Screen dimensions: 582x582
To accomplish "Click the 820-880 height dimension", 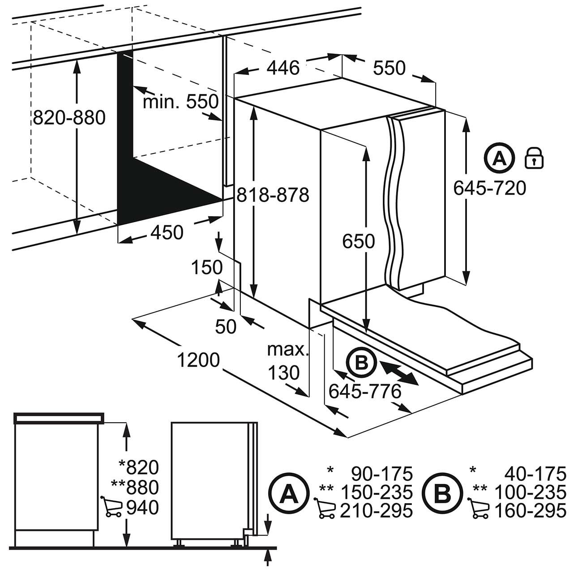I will tap(69, 118).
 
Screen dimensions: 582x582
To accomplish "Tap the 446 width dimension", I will tap(283, 68).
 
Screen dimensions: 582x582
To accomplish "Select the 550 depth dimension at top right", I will tap(389, 68).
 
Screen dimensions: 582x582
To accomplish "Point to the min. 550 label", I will tap(180, 102).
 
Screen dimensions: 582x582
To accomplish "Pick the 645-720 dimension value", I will tap(490, 188).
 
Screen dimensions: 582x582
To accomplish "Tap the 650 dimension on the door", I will tap(358, 242).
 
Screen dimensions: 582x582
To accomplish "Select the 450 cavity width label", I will tap(167, 233).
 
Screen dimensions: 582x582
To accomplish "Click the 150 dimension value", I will tap(207, 267).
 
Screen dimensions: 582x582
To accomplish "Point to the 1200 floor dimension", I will tap(198, 359).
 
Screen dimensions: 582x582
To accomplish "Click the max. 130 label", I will tap(287, 361).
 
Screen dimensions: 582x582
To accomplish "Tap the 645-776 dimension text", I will tap(365, 392).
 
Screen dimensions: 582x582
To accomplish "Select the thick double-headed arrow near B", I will tap(399, 372).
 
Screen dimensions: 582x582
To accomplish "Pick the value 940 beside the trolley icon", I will tap(142, 508).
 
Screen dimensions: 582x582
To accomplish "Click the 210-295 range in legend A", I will tap(376, 510).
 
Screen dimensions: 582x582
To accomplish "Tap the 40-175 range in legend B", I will tap(535, 473).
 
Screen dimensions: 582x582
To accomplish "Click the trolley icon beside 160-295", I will tap(480, 510).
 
